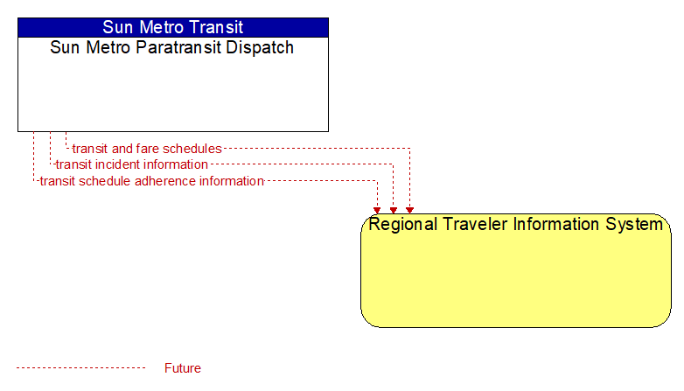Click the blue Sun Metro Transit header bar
[x=173, y=27]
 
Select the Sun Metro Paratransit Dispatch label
[x=171, y=47]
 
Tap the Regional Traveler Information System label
[x=515, y=224]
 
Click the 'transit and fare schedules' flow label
[x=147, y=149]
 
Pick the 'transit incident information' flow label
[x=132, y=164]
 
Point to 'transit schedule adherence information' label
[x=152, y=181]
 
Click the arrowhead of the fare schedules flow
[x=409, y=210]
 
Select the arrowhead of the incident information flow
[x=394, y=210]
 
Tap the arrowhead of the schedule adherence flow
[x=377, y=210]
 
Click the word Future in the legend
[x=183, y=368]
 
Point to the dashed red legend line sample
[x=80, y=368]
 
